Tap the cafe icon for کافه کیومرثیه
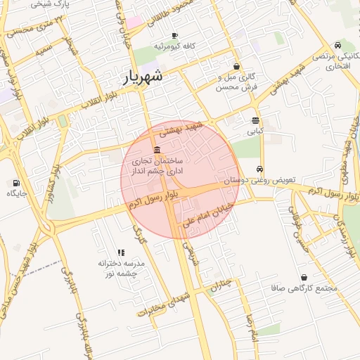pyautogui.click(x=174, y=35)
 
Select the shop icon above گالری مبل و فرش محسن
pyautogui.click(x=236, y=66)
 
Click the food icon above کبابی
pyautogui.click(x=255, y=120)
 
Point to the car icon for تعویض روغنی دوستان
pyautogui.click(x=260, y=169)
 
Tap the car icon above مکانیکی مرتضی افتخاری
pyautogui.click(x=339, y=45)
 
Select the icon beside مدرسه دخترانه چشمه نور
pyautogui.click(x=121, y=252)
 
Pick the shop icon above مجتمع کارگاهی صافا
pyautogui.click(x=304, y=278)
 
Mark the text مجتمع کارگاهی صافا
pyautogui.click(x=304, y=288)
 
